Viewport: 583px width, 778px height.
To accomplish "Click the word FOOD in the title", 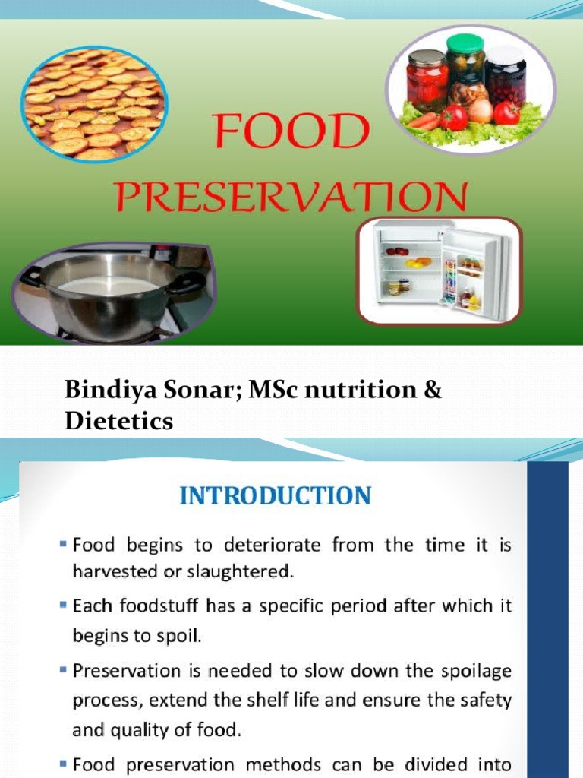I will (291, 133).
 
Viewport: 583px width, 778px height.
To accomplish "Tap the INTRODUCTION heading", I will (275, 496).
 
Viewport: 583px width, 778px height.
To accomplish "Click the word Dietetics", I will (118, 421).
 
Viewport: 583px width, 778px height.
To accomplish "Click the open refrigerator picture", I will (441, 270).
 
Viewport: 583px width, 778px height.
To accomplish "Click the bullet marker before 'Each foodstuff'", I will (64, 606).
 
